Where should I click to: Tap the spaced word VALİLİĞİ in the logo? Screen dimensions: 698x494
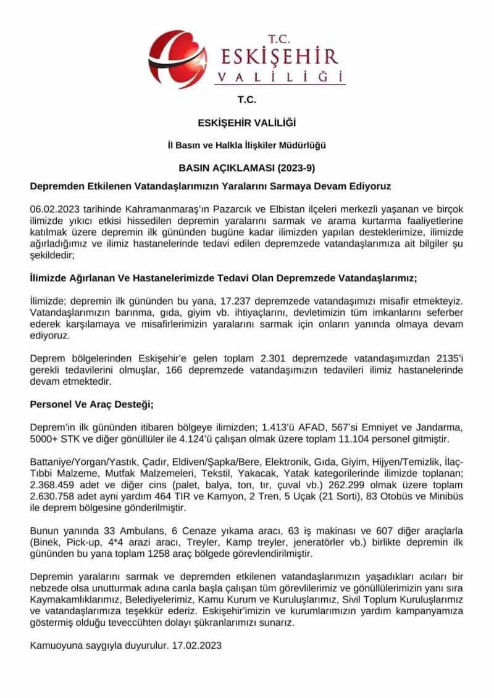[x=279, y=76]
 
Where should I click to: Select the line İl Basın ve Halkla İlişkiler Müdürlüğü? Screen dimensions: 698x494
[x=246, y=146]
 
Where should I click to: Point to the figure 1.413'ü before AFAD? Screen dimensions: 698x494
[x=278, y=428]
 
